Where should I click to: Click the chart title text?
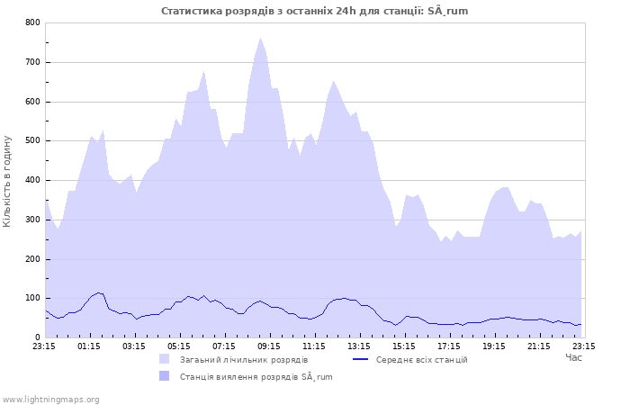pos(314,11)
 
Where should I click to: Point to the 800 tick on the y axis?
pos(32,22)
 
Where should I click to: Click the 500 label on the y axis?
pos(32,141)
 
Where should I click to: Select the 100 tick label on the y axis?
pos(32,299)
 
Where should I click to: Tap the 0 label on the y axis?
pos(37,338)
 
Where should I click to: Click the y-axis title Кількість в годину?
pos(8,181)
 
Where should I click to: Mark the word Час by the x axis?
pos(573,357)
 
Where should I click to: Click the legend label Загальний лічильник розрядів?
pos(244,360)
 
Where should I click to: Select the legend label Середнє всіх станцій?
pos(421,360)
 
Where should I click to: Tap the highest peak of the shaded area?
pos(261,38)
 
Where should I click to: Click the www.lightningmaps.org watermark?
pos(50,399)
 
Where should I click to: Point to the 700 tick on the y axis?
pos(32,62)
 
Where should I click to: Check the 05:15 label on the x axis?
pos(179,346)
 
